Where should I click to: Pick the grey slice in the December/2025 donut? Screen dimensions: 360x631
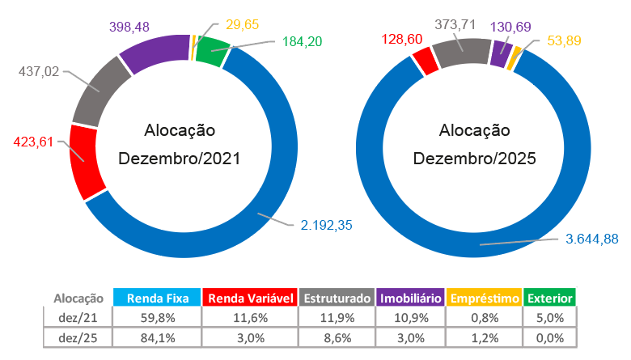coord(461,53)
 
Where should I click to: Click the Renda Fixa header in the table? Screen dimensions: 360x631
coord(157,299)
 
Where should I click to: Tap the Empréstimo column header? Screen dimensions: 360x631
coord(482,299)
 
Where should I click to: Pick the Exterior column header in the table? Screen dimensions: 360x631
coord(550,299)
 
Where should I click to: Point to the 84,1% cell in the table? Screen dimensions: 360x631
coord(157,337)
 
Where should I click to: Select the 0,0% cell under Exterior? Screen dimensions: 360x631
coord(550,337)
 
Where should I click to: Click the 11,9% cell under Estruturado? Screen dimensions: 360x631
coord(337,318)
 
